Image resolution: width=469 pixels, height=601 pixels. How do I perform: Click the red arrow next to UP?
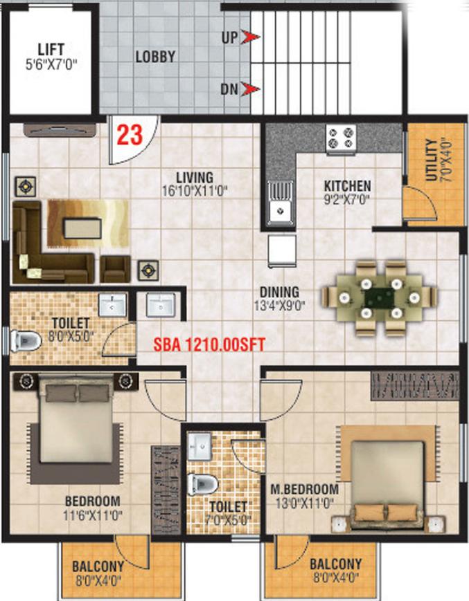point(251,37)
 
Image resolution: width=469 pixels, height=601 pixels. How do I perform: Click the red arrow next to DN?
point(251,89)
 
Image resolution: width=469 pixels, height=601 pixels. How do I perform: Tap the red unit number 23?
point(130,135)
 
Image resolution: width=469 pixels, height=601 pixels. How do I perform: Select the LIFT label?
point(51,49)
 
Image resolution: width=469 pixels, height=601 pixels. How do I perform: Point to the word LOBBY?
point(155,57)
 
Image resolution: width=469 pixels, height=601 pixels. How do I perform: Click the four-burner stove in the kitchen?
point(341,138)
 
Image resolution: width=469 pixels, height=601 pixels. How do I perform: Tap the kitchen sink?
point(281,203)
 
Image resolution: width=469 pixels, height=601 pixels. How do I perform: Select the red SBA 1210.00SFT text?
point(209,344)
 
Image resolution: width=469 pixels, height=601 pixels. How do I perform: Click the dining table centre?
point(379,297)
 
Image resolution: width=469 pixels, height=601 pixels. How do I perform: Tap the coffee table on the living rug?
point(83,228)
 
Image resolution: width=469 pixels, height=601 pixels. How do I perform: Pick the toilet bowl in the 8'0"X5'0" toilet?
point(26,341)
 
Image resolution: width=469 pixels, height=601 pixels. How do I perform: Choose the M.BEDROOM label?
point(305,490)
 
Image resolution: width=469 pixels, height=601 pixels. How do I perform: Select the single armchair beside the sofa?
point(115,269)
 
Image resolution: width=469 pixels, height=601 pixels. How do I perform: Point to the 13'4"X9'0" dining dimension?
point(279,306)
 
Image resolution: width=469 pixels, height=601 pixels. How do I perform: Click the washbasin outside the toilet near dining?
point(161,305)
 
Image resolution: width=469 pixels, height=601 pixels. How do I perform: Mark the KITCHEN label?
point(347,186)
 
